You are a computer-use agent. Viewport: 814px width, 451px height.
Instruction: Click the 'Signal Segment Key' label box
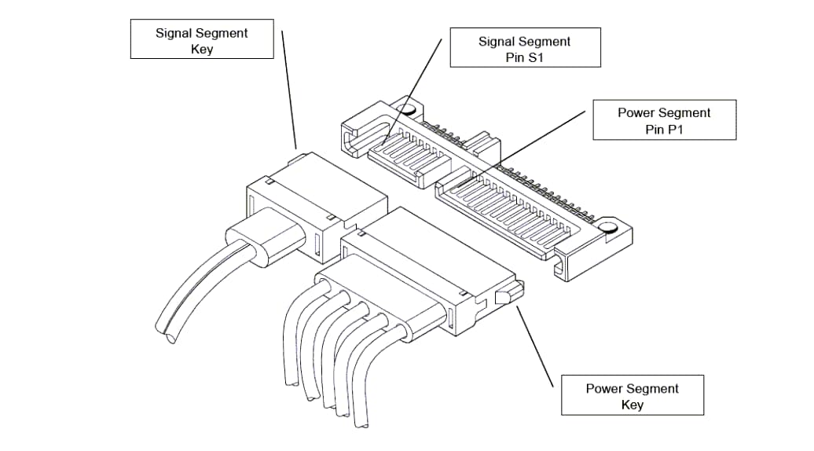[x=201, y=40]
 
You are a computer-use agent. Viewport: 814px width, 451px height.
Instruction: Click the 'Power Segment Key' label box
[x=632, y=396]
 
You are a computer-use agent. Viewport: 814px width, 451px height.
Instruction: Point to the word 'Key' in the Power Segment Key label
[x=632, y=405]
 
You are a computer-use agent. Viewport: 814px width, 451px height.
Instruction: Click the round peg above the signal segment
[x=405, y=110]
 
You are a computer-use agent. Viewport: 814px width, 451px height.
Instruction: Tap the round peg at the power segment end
[x=607, y=228]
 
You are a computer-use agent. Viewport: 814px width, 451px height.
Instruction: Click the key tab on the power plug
[x=505, y=296]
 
